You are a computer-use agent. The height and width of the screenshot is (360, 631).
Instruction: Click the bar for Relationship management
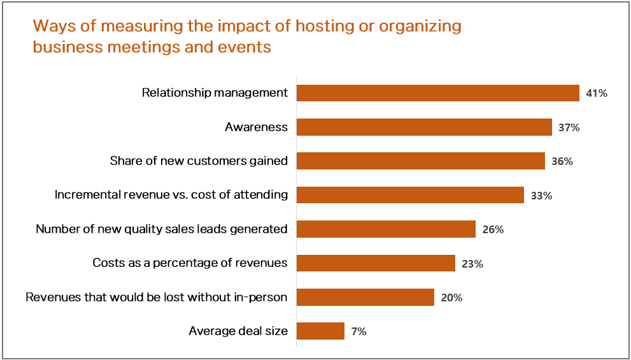437,93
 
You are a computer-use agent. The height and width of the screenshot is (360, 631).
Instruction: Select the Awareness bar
424,127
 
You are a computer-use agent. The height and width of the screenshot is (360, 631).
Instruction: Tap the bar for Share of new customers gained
420,161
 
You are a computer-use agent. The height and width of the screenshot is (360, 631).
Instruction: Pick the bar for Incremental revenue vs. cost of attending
410,195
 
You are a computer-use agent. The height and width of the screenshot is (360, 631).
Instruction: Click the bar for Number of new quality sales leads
386,229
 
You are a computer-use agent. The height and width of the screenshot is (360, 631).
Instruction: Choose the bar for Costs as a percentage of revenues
376,263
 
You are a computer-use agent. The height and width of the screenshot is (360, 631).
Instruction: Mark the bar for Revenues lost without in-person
365,298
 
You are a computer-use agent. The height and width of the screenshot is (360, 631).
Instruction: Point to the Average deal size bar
320,331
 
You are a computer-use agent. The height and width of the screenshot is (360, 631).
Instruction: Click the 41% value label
597,94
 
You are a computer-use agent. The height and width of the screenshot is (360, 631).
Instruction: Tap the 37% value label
569,127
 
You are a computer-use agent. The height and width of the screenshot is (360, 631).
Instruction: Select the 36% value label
562,162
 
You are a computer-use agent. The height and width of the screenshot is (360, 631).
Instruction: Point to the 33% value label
541,196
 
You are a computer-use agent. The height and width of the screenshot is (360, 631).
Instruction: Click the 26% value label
493,229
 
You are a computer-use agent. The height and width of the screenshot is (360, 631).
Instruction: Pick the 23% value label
472,264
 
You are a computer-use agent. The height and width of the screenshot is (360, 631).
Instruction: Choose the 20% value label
451,298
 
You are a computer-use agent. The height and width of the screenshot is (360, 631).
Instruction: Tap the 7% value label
358,331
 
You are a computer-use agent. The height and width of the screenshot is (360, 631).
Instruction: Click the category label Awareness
256,127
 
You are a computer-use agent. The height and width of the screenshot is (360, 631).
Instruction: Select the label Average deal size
238,331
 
